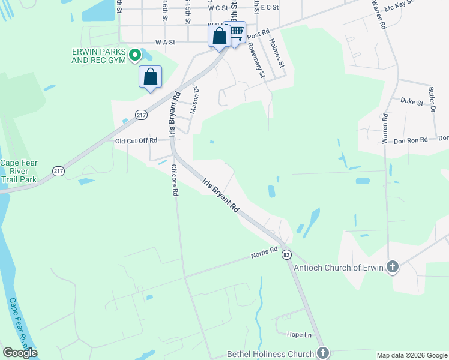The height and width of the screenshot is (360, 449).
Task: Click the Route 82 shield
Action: (287, 254)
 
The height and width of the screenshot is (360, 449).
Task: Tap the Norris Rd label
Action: (265, 253)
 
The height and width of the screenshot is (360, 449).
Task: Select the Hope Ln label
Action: (300, 334)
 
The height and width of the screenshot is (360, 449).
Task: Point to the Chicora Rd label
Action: (175, 181)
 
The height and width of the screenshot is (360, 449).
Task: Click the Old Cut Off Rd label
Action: (136, 140)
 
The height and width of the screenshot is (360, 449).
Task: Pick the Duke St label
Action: (412, 102)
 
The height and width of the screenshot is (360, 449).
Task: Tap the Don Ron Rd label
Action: (411, 140)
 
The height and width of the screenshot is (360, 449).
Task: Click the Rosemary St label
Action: (256, 59)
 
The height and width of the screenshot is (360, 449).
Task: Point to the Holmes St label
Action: (275, 52)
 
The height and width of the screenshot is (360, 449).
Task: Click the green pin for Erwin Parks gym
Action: (135, 56)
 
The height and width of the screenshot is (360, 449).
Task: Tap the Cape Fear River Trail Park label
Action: (19, 171)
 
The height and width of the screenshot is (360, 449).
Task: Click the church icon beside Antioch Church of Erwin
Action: (393, 267)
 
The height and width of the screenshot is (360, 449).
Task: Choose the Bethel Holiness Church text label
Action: (270, 354)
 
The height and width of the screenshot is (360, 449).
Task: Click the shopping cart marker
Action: (237, 32)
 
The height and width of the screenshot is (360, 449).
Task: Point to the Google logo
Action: (20, 353)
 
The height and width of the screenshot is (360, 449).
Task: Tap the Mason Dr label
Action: (194, 100)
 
